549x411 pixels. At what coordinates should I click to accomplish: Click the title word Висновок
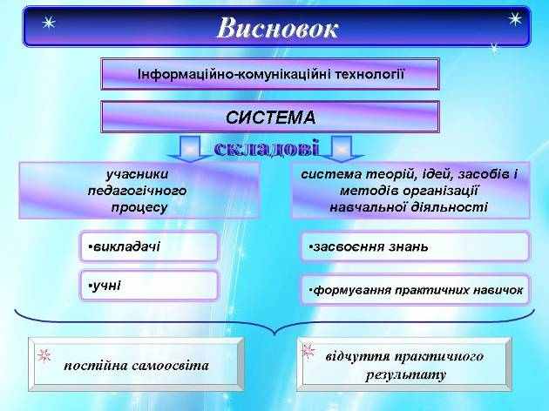[x=277, y=28]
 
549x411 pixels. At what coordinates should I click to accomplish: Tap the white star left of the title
[x=48, y=24]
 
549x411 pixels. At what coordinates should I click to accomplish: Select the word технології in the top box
[x=369, y=75]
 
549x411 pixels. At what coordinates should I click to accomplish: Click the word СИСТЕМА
[x=270, y=118]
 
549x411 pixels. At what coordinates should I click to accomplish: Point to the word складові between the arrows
[x=267, y=148]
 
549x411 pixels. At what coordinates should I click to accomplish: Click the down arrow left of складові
[x=190, y=150]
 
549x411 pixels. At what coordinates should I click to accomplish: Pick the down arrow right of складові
[x=342, y=150]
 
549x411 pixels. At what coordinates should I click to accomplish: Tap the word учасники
[x=137, y=174]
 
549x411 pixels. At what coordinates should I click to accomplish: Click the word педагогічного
[x=137, y=191]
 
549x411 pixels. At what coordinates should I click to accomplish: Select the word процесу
[x=139, y=207]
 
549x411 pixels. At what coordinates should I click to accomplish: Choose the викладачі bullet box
[x=149, y=246]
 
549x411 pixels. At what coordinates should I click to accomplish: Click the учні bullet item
[x=149, y=286]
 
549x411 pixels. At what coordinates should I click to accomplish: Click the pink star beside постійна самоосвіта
[x=44, y=355]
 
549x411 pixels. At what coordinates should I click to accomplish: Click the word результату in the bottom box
[x=406, y=375]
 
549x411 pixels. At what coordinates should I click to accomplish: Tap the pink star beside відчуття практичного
[x=308, y=351]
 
